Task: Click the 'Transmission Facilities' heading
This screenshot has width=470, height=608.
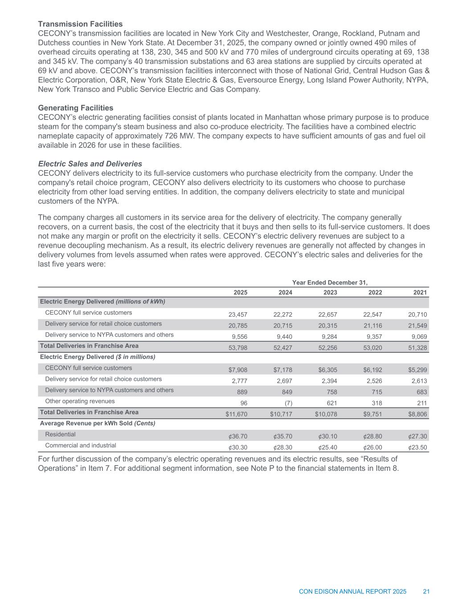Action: [80, 24]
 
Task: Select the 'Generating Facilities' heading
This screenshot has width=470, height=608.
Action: [75, 108]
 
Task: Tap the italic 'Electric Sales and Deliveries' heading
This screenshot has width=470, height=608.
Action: [90, 164]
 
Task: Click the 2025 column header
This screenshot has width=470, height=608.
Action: [241, 293]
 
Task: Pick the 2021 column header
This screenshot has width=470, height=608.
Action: [420, 293]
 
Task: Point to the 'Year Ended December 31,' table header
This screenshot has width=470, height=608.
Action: [330, 282]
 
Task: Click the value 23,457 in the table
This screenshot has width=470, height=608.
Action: [238, 314]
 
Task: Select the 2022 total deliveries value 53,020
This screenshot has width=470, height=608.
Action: [373, 348]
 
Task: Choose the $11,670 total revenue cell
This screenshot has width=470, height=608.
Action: [237, 414]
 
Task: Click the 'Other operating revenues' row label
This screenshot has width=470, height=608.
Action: [80, 401]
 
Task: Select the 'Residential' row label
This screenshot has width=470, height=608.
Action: [61, 434]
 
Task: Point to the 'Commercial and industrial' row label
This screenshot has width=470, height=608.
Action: [81, 445]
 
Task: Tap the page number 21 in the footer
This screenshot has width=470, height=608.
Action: [426, 592]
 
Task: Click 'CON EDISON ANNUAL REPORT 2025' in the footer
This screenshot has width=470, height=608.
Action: [352, 592]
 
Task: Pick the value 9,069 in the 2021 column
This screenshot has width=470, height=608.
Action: [418, 337]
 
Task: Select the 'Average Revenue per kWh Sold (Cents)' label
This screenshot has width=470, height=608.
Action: [98, 423]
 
